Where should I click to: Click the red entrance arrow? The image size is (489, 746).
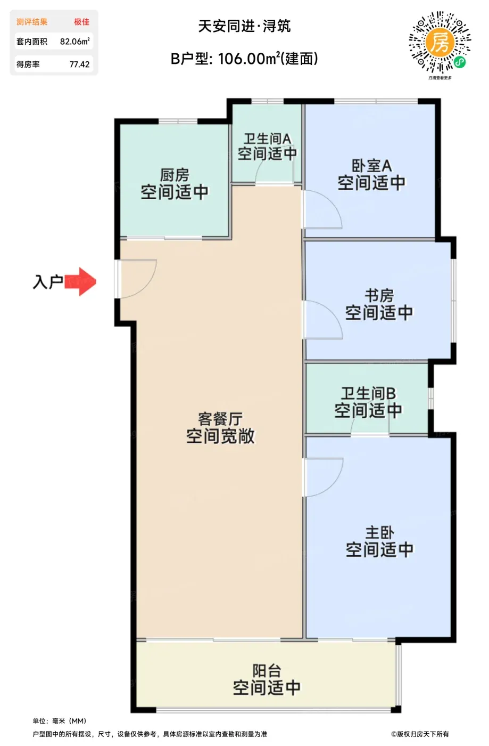coord(80,282)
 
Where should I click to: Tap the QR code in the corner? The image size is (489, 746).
coord(440,42)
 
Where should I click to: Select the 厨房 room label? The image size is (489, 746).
coord(175,175)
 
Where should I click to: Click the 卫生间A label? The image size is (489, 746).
coord(268,139)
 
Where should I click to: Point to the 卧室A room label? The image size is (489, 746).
coord(371,166)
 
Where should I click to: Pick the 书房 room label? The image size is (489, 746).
coord(379,295)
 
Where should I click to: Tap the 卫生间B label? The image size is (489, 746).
coord(368,393)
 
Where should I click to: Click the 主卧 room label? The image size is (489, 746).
coord(379,532)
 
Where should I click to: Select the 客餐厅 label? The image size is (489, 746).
coord(220,419)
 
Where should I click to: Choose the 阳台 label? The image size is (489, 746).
coord(267,671)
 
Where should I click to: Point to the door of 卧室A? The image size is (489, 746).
coord(322,209)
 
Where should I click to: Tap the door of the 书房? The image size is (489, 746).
coord(322,320)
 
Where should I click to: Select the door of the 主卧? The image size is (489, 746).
coord(322,477)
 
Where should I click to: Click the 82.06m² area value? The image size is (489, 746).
coord(75,42)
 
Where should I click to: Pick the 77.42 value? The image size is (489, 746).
coord(79,64)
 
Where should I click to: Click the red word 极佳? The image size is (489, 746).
coord(82,22)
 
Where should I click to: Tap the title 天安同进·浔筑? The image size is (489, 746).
coord(245,26)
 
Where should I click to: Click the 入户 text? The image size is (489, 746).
coord(48,282)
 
